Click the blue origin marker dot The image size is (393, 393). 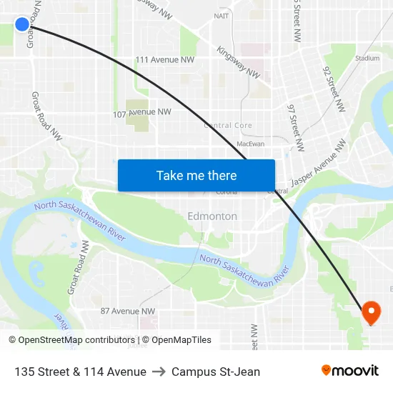click(x=22, y=24)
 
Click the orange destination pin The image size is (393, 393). click(x=371, y=312)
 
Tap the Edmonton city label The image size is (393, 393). click(x=212, y=216)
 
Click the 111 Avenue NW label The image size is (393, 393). click(x=165, y=60)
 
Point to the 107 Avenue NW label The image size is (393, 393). click(x=142, y=112)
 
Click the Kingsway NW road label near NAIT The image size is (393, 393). click(x=239, y=63)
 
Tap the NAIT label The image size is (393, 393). click(x=222, y=15)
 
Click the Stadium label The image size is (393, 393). click(x=367, y=58)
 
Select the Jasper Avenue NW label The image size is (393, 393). click(x=318, y=163)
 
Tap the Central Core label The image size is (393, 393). click(x=228, y=125)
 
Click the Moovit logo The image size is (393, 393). click(x=350, y=370)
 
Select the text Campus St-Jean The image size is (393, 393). click(x=216, y=372)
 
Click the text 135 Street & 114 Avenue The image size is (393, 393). click(x=80, y=372)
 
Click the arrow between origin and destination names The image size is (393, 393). click(x=159, y=372)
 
